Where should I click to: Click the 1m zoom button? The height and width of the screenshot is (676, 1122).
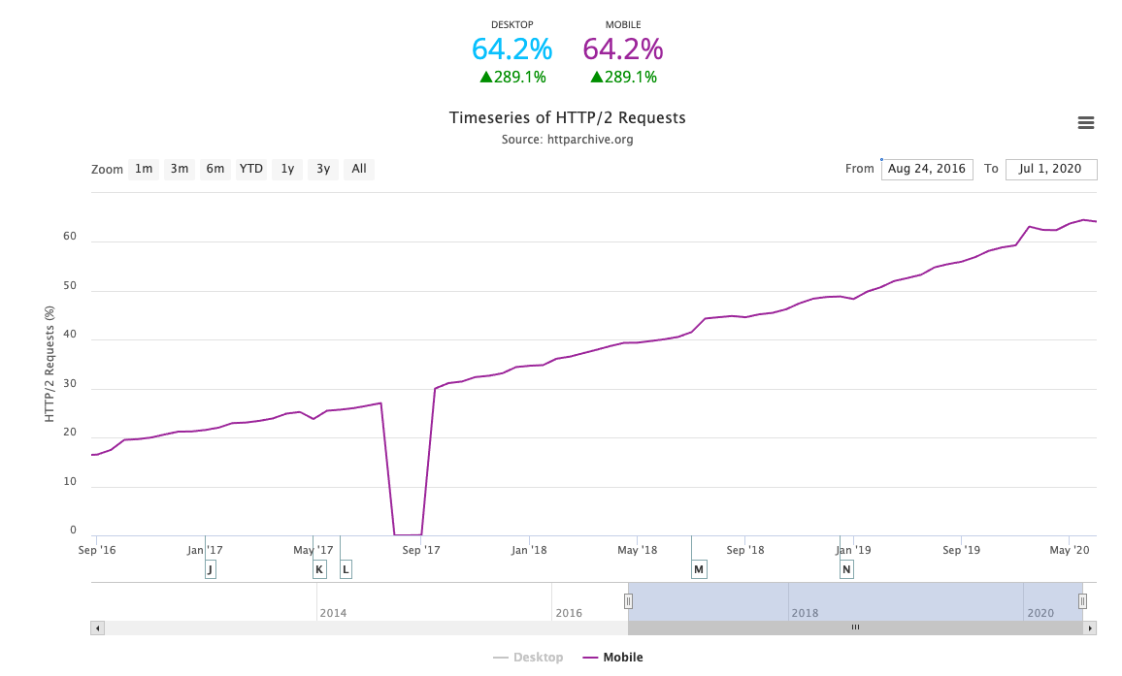tap(144, 169)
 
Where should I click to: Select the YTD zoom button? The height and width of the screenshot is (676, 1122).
tap(251, 169)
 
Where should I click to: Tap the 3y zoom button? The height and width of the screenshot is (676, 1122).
tap(323, 169)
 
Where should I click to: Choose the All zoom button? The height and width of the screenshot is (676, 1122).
tap(359, 169)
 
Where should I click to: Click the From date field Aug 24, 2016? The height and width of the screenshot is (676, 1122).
tap(927, 169)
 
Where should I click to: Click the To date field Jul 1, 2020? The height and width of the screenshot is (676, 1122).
tap(1050, 169)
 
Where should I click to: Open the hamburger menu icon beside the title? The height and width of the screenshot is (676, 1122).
tap(1086, 122)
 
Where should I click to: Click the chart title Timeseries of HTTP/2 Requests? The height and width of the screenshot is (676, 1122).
tap(567, 118)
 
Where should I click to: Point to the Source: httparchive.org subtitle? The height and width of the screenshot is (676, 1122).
tap(567, 140)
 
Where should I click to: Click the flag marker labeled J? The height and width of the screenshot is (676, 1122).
tap(211, 569)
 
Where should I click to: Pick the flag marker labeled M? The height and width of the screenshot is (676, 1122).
tap(699, 569)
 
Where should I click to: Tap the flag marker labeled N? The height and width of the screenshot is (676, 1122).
tap(846, 569)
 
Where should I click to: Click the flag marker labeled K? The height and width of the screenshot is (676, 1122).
tap(319, 569)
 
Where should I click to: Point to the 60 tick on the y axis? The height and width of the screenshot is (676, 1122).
tap(70, 237)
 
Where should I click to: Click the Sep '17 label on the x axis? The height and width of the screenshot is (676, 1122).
tap(421, 550)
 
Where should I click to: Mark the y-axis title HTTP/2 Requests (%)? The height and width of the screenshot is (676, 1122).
tap(49, 364)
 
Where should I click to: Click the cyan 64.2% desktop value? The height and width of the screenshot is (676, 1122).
tap(511, 48)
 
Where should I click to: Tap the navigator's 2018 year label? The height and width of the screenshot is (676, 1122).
tap(805, 613)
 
